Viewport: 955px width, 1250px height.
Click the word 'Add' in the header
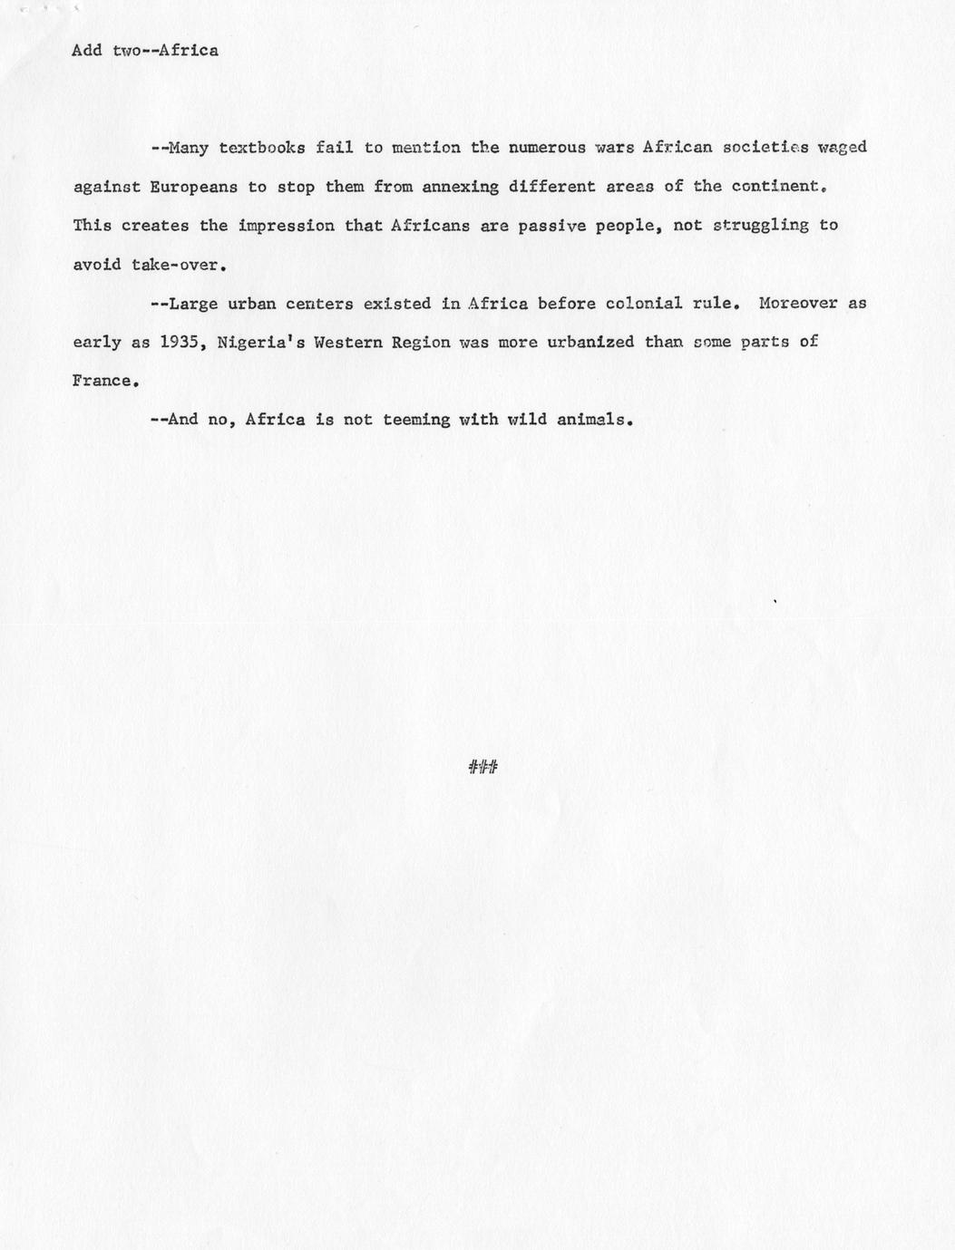point(87,51)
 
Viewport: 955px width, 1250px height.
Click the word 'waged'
point(843,148)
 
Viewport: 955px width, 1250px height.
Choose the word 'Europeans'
point(193,187)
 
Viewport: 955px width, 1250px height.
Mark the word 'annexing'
point(460,187)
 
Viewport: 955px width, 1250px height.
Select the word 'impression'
point(286,226)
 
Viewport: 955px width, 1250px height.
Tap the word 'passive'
point(551,226)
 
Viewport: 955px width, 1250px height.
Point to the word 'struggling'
point(760,226)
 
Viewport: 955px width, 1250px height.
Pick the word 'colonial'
point(644,304)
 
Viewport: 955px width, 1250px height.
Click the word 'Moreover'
point(798,304)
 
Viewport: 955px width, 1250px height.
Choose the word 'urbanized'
point(590,343)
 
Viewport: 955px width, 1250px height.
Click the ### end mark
point(483,768)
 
